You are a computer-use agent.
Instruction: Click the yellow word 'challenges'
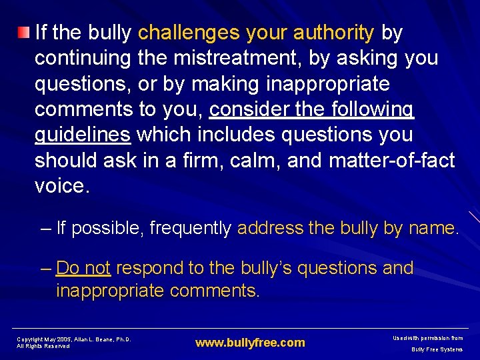[x=190, y=32]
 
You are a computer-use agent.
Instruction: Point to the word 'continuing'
[x=83, y=58]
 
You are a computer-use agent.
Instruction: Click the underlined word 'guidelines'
[x=82, y=135]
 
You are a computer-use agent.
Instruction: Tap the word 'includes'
[x=242, y=135]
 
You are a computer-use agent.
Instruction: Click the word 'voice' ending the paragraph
[x=59, y=186]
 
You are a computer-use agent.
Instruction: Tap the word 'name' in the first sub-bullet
[x=431, y=229]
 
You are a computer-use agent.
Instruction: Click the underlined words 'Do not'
[x=83, y=268]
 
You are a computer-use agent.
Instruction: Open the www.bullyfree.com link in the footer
[x=250, y=343]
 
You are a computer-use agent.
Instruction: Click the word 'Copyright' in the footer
[x=30, y=339]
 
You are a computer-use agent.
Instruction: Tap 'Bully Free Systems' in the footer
[x=437, y=349]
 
